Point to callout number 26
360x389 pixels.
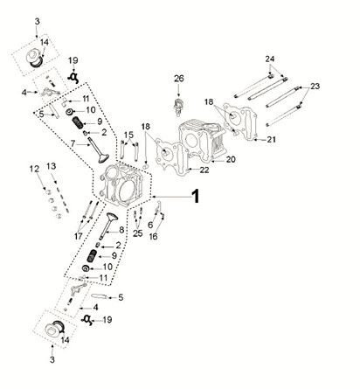[x=178, y=80]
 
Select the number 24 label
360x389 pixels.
[x=270, y=59]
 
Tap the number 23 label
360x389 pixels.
[x=315, y=87]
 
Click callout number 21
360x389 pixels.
[x=271, y=140]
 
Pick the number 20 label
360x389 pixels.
[x=231, y=159]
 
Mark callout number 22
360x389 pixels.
[x=203, y=170]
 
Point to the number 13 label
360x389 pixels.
[x=52, y=166]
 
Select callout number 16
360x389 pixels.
[x=155, y=236]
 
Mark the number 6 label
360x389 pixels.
[x=150, y=225]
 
